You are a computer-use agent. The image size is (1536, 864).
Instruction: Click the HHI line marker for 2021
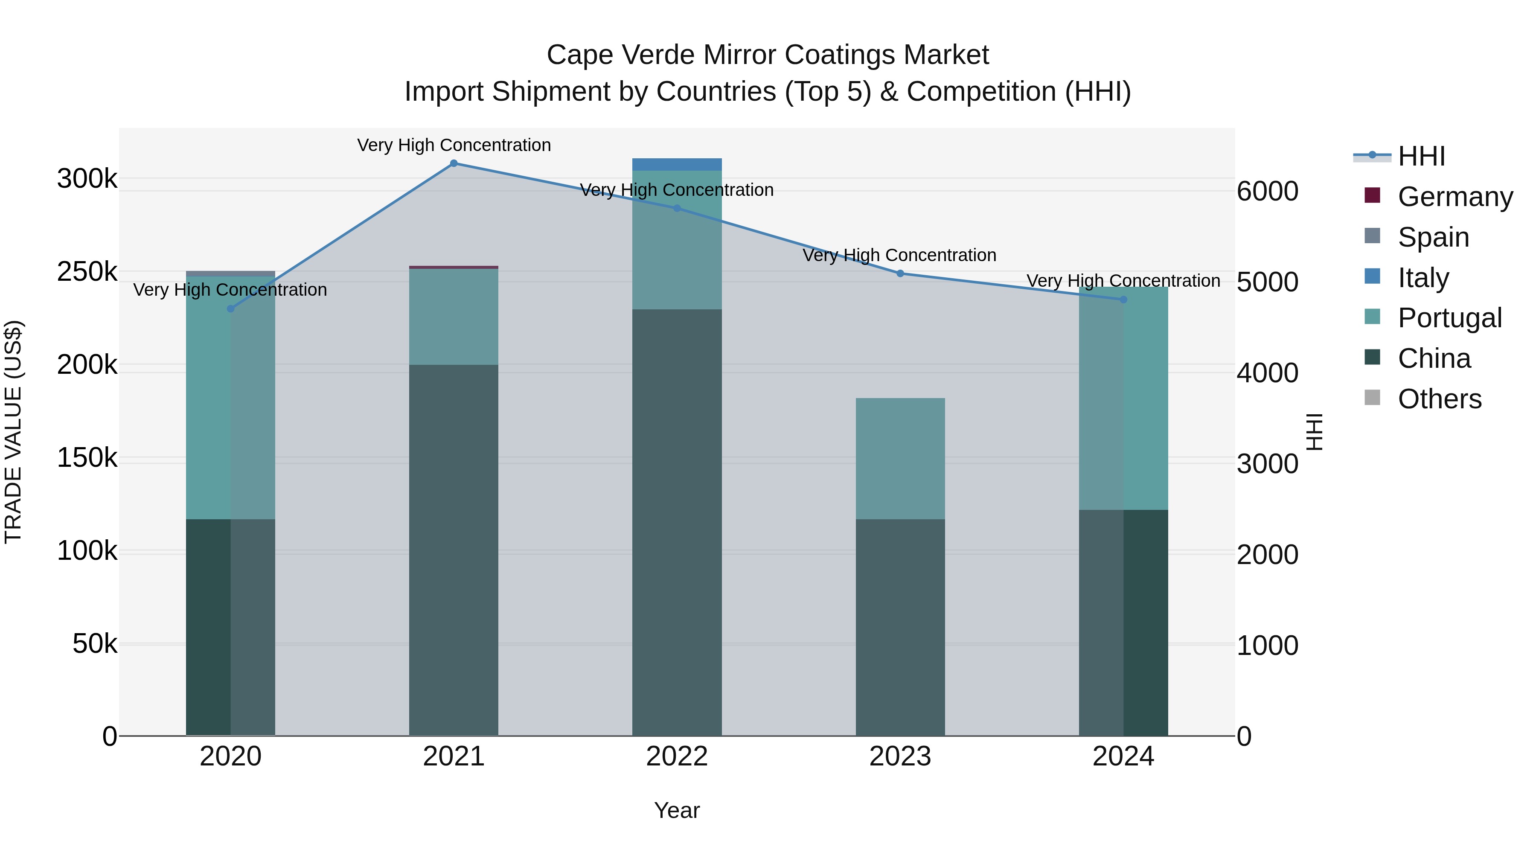454,163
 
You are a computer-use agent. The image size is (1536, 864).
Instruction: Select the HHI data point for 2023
900,273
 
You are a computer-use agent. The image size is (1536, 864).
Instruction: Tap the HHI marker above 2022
677,208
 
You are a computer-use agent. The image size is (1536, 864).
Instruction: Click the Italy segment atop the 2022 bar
677,165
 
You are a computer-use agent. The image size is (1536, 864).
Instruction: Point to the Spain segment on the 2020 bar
231,273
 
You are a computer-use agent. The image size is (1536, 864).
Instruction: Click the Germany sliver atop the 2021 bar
454,267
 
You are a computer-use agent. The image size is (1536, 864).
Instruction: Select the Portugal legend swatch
1372,318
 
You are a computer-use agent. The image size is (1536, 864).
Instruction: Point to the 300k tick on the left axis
87,178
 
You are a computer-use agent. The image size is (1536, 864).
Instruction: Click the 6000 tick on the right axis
1267,192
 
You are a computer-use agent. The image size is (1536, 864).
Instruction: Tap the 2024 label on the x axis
1123,756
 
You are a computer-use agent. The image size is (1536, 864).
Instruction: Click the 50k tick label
95,644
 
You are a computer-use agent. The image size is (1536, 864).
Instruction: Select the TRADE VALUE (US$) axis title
13,432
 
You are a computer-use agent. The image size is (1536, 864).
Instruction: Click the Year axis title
677,810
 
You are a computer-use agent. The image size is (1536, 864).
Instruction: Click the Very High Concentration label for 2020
230,290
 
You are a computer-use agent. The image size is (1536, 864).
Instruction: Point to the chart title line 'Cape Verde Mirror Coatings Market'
768,55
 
